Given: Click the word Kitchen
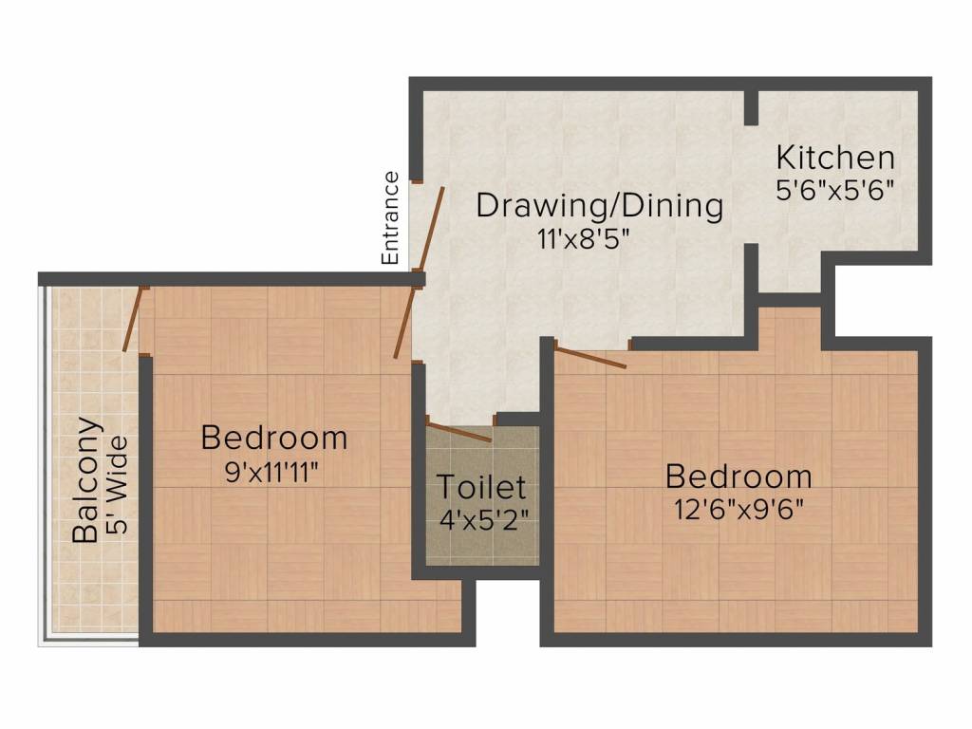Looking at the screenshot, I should (835, 157).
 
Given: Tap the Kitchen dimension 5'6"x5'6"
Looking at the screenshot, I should (835, 189).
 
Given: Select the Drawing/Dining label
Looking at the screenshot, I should (599, 205).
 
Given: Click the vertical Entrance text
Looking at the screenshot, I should (389, 217).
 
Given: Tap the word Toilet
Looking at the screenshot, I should (480, 488).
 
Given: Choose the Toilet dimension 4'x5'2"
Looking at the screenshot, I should (481, 520).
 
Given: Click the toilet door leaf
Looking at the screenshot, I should (459, 433).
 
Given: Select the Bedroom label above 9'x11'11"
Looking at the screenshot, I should (274, 439).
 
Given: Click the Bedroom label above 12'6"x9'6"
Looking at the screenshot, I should (738, 476).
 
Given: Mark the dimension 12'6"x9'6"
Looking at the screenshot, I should (738, 509).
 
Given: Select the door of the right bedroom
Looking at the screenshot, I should (590, 358).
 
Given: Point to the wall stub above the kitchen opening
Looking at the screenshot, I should (750, 107).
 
